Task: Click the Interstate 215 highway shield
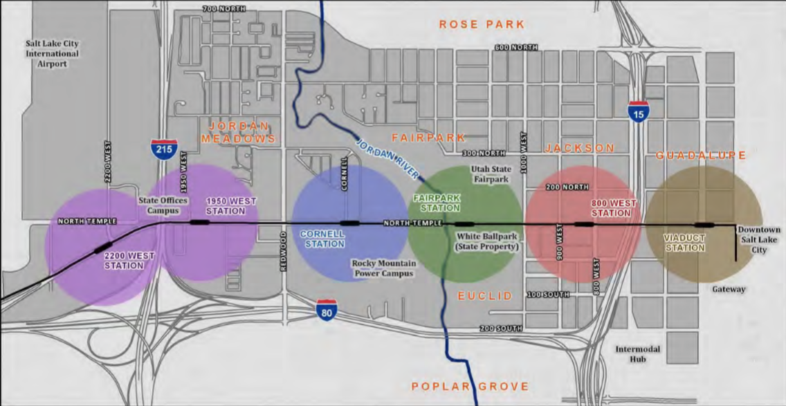point(164,150)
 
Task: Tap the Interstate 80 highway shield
point(327,311)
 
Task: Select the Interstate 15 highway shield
point(639,111)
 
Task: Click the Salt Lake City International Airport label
point(52,53)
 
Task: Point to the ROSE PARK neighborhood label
point(482,25)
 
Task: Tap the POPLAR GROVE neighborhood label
point(470,387)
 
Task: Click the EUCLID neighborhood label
point(485,296)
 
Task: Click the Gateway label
point(729,289)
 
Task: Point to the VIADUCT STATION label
point(684,243)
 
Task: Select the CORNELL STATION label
point(322,239)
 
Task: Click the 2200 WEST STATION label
point(129,260)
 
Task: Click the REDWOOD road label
point(284,251)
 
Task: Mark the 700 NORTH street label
point(223,8)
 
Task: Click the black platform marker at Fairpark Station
point(464,224)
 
